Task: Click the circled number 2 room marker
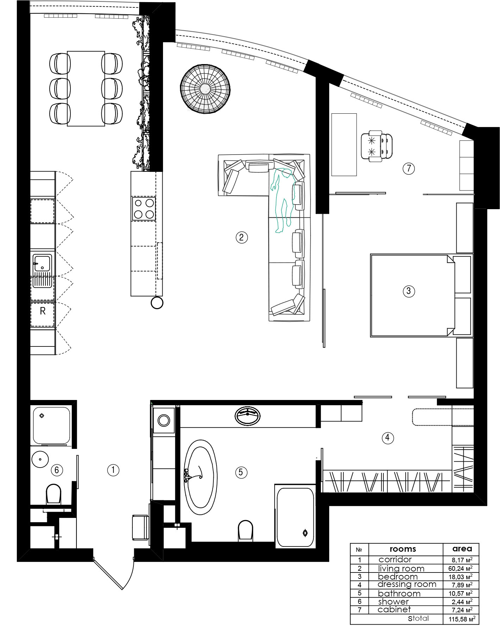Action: [242, 237]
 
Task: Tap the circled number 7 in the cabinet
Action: [408, 168]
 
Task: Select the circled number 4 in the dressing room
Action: [388, 438]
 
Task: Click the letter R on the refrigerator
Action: [43, 311]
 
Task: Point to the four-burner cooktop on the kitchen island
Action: [144, 208]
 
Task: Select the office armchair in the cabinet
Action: [376, 146]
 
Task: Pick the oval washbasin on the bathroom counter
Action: [248, 415]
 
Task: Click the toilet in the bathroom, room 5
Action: [245, 531]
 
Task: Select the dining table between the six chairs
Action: [86, 88]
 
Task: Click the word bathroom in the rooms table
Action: [399, 593]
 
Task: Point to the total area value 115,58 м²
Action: [462, 619]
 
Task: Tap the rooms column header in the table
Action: [402, 549]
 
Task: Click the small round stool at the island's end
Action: [157, 303]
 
